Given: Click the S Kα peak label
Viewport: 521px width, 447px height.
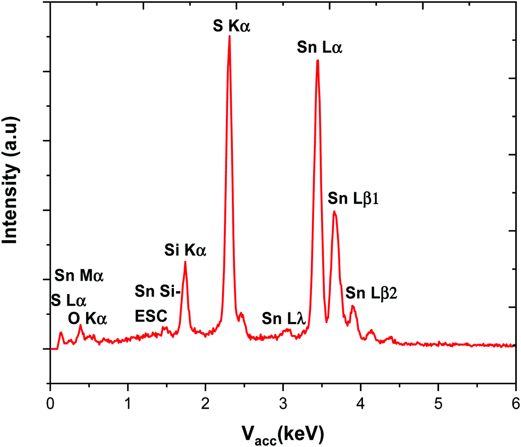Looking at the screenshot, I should pos(231,25).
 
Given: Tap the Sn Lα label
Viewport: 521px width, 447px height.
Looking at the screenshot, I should pos(320,48).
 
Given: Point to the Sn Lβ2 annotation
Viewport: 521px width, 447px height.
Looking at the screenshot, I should pos(372,292).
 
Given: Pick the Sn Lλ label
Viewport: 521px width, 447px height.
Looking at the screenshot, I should pos(283,318).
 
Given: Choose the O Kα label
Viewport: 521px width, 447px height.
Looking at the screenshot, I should pos(88,319).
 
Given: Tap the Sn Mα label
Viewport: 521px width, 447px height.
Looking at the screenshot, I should pos(79,276).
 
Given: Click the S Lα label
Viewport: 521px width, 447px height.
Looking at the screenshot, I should pos(68,300).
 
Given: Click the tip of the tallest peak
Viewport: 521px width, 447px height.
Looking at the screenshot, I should pos(229,36).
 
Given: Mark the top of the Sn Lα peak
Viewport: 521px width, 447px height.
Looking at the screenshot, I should pos(317,61).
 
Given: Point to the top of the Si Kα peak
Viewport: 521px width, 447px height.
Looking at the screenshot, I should pos(185,262).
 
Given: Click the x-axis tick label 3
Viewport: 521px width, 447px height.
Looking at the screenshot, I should pos(283,402).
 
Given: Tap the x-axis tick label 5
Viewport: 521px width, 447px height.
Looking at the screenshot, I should pos(438,402).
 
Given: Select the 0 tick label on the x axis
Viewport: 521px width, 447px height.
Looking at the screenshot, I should pos(50,402).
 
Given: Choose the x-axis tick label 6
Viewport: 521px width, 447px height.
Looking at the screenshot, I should pos(515,402).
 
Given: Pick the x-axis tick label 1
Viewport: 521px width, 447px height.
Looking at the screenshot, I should pos(128,402).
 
